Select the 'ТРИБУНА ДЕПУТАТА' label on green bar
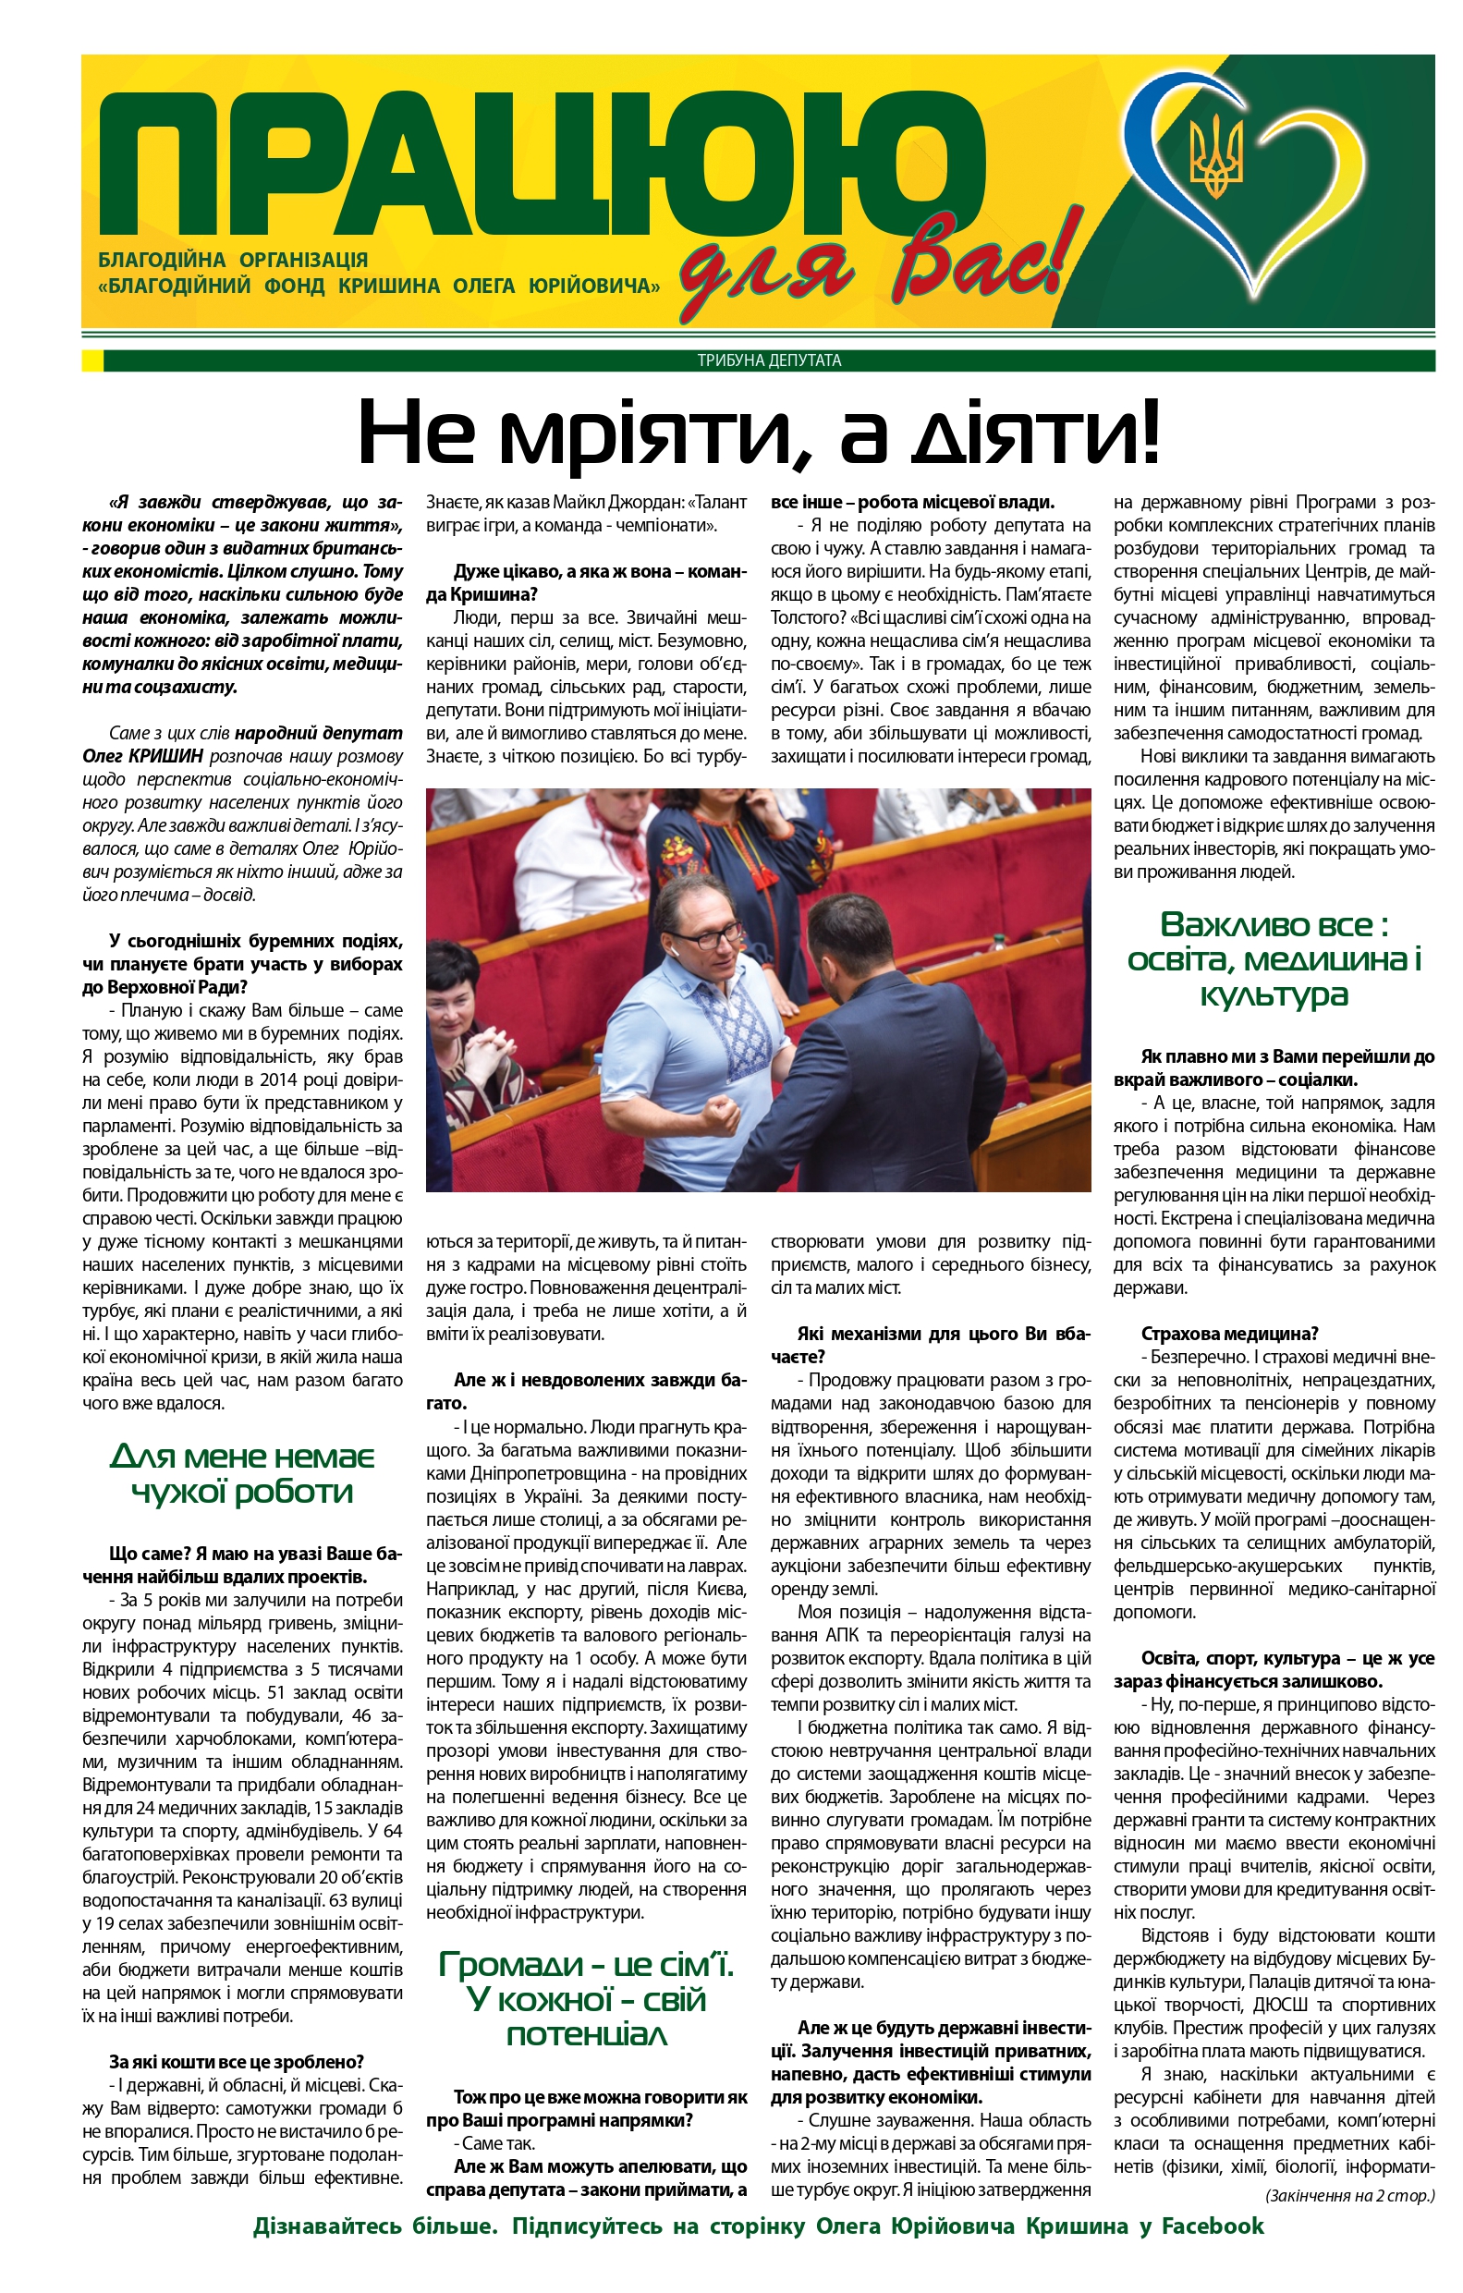pyautogui.click(x=769, y=360)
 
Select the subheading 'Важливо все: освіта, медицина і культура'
pyautogui.click(x=1274, y=959)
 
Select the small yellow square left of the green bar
pyautogui.click(x=91, y=360)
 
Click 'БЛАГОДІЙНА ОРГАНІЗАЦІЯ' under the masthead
pyautogui.click(x=233, y=260)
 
